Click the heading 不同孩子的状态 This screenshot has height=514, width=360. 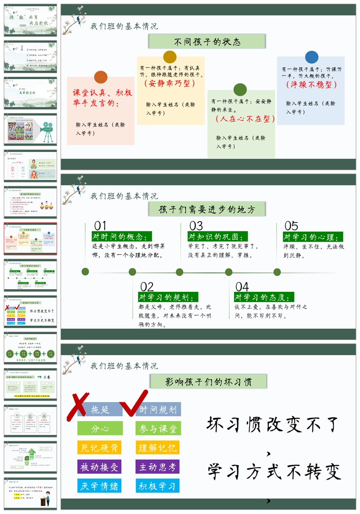point(207,42)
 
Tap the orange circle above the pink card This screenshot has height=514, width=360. point(101,77)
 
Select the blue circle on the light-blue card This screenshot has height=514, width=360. point(312,57)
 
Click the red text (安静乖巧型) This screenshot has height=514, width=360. point(170,84)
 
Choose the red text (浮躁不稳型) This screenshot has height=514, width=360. point(311,85)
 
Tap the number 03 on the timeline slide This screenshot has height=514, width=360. point(196,226)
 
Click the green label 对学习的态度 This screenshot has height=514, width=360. point(264,297)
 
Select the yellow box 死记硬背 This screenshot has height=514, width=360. point(100,448)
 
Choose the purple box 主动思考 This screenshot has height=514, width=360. point(158,467)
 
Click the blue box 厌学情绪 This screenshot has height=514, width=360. point(100,486)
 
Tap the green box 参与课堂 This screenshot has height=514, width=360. point(158,428)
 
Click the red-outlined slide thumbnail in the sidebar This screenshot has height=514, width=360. point(30,239)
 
